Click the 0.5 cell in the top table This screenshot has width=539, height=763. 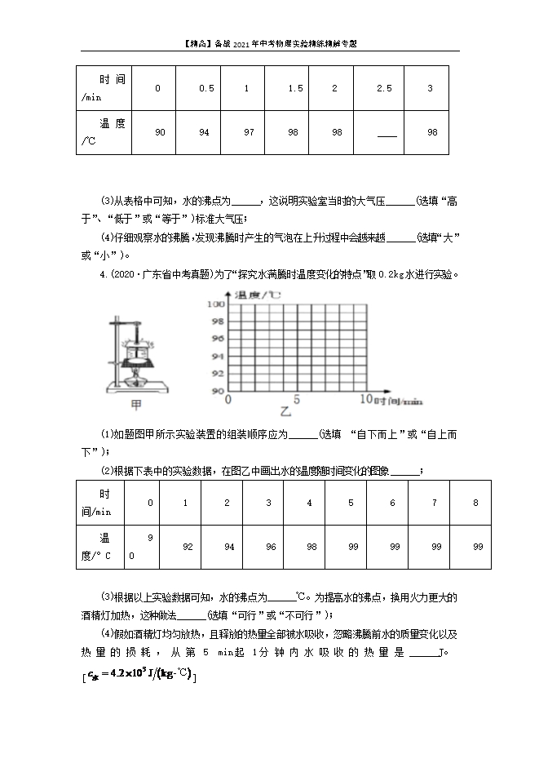(206, 88)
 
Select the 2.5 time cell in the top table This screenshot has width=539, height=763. (384, 88)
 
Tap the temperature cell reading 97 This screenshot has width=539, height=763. (246, 132)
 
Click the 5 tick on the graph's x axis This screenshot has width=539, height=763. (297, 399)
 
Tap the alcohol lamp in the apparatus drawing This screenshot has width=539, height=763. (137, 378)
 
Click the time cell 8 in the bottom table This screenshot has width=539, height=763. (475, 503)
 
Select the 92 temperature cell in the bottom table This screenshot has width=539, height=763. (188, 547)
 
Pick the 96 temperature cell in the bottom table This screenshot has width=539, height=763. (268, 547)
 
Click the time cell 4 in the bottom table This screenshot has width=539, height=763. (309, 503)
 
